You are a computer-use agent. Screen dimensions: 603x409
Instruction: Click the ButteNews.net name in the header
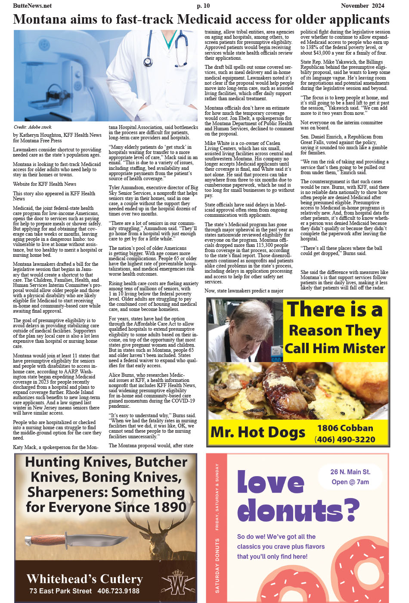tap(32, 6)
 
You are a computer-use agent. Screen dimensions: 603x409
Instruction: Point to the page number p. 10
tap(203, 6)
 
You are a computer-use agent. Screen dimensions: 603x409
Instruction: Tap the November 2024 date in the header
tap(363, 6)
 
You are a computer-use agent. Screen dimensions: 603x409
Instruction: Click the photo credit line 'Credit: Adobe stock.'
tap(33, 127)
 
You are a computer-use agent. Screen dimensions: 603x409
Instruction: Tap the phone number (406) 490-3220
tap(345, 439)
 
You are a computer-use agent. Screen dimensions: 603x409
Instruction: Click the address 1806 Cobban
tap(345, 428)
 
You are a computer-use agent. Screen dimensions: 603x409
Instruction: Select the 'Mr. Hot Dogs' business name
tap(257, 432)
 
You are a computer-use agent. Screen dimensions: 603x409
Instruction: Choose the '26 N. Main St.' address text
tap(350, 472)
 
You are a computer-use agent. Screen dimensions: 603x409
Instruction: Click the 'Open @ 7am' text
tap(350, 482)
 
